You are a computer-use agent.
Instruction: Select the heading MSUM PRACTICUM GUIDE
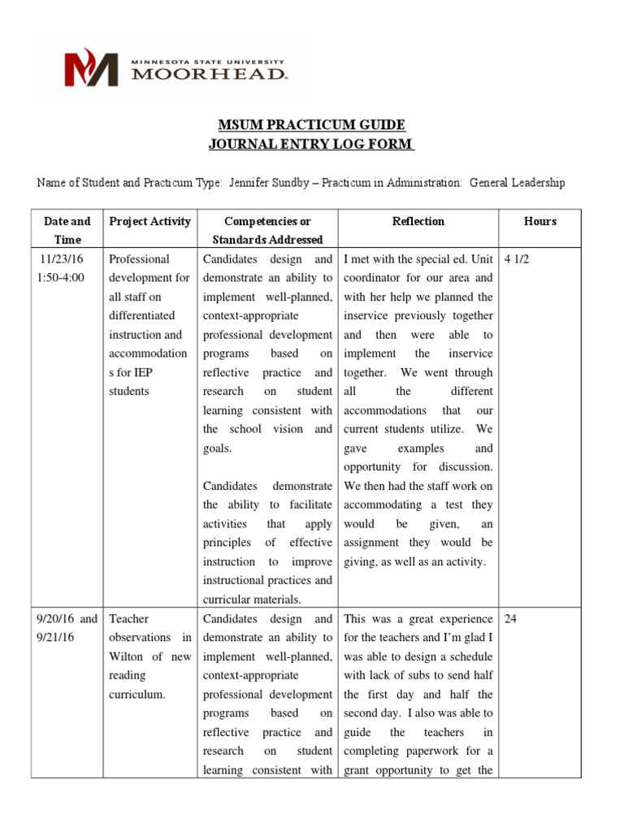tap(312, 125)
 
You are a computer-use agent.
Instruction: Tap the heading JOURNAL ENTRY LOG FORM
tap(312, 145)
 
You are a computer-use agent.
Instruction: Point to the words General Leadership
tap(517, 183)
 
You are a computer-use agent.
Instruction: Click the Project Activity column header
tap(149, 221)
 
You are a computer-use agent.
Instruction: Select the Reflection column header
tap(418, 221)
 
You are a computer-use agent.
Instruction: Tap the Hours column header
tap(540, 221)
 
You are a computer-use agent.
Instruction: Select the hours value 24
tap(511, 619)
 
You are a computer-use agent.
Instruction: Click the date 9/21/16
tap(55, 638)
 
